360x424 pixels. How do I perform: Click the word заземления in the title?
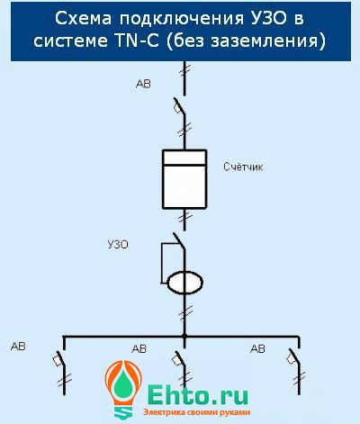pyautogui.click(x=268, y=41)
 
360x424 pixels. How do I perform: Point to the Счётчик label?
pyautogui.click(x=243, y=167)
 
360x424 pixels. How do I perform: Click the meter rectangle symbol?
pyautogui.click(x=184, y=179)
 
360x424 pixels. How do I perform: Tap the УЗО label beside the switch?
pyautogui.click(x=118, y=245)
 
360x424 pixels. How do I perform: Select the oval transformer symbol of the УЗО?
pyautogui.click(x=184, y=283)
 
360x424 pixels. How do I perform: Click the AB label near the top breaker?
pyautogui.click(x=143, y=84)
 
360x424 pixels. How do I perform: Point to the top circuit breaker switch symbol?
pyautogui.click(x=179, y=106)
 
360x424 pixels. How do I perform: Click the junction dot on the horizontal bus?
pyautogui.click(x=184, y=337)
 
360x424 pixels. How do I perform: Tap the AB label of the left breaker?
pyautogui.click(x=18, y=347)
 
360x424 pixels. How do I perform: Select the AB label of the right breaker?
pyautogui.click(x=257, y=348)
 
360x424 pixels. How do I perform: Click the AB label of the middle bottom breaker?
pyautogui.click(x=139, y=348)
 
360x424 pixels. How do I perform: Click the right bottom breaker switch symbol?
pyautogui.click(x=293, y=357)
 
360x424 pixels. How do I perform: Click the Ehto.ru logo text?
pyautogui.click(x=198, y=394)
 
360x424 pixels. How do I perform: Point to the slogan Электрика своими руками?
pyautogui.click(x=196, y=412)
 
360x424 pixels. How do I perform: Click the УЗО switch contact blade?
pyautogui.click(x=179, y=241)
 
